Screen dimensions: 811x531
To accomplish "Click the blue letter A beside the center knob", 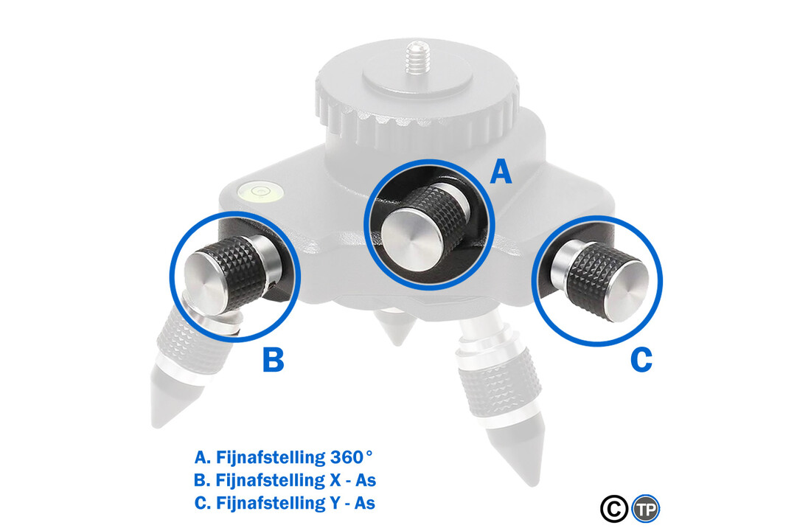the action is point(501,173).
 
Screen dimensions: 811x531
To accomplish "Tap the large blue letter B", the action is point(273,361).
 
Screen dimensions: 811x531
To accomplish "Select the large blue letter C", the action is point(641,360).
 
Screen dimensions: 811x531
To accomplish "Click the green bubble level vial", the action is point(259,193).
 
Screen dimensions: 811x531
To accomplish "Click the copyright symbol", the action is point(613,508).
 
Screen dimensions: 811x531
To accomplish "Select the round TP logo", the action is point(646,508).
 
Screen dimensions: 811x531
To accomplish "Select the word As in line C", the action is point(366,504).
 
